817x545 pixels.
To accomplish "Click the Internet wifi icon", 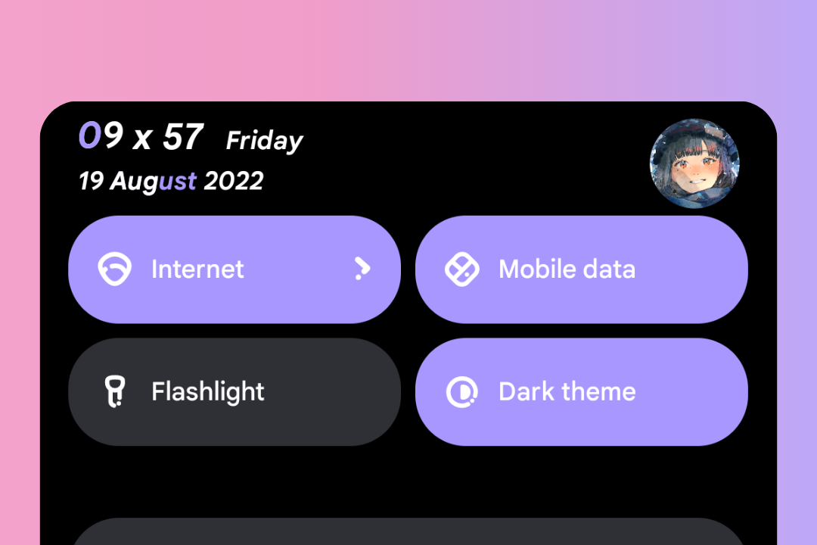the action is [115, 269].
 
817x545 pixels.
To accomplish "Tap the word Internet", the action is [197, 269].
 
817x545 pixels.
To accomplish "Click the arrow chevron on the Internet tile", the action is [362, 268].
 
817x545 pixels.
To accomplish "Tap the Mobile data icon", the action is [461, 269].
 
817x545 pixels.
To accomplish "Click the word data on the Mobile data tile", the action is [609, 269].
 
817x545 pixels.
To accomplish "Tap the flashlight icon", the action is [115, 391].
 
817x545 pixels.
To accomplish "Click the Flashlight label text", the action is [208, 391].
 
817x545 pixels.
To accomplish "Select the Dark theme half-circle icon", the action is [461, 391].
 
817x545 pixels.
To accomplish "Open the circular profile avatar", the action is [694, 163].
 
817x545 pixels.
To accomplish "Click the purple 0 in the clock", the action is [89, 135].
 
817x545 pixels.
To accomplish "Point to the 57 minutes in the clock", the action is [183, 137].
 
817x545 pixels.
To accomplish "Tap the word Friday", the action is [264, 141].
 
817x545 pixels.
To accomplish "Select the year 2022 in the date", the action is [234, 181].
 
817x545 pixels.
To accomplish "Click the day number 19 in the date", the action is [92, 181].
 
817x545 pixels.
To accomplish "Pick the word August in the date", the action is [154, 182].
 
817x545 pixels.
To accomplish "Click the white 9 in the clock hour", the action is [112, 135].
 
